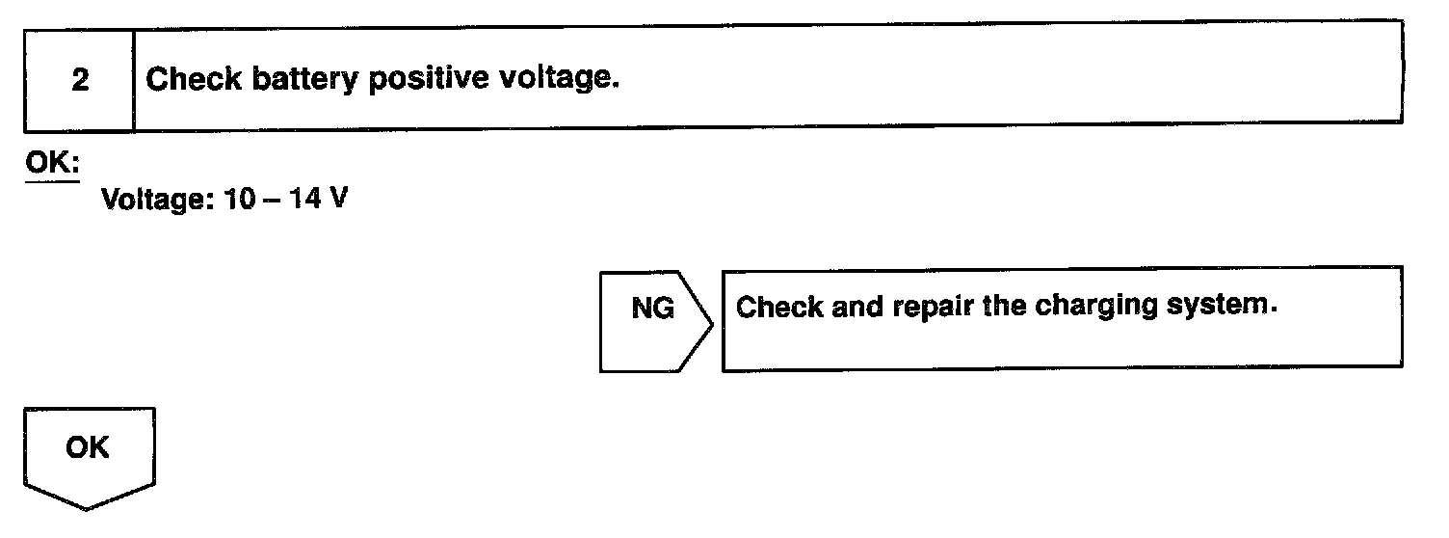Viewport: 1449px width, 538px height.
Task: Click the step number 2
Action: tap(80, 80)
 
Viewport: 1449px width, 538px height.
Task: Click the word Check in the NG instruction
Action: tap(778, 309)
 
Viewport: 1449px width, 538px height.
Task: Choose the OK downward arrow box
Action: tap(88, 448)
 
